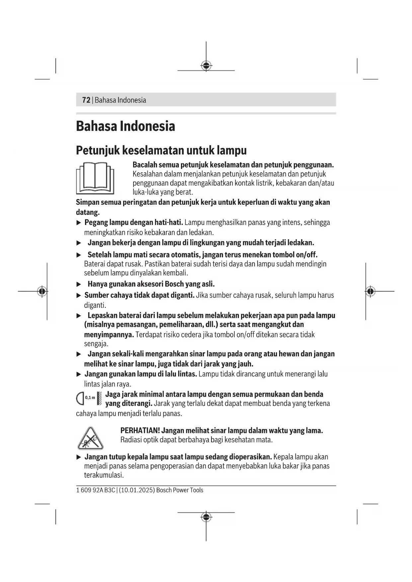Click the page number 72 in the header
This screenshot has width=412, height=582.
(x=86, y=100)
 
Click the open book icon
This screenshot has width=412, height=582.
(x=95, y=178)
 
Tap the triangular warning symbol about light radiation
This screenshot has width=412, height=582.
(x=90, y=438)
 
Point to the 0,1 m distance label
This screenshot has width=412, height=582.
(x=90, y=397)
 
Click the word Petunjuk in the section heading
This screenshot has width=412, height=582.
(x=98, y=150)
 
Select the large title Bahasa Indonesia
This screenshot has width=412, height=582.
(x=125, y=126)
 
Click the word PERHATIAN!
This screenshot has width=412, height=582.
(x=140, y=431)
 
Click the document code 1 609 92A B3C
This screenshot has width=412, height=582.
(x=96, y=490)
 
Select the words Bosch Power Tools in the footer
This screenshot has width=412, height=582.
(x=180, y=490)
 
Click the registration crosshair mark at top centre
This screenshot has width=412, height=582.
(x=206, y=65)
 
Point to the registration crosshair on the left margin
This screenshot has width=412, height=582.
(x=42, y=291)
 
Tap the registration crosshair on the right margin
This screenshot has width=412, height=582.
(x=371, y=291)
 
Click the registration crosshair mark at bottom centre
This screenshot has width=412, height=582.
(x=206, y=517)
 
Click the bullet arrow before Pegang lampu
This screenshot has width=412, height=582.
(x=79, y=223)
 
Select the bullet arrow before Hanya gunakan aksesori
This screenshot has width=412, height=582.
(x=79, y=284)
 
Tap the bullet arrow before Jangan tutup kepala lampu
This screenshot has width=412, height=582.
(x=79, y=457)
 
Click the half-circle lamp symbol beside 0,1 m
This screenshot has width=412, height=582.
(x=80, y=398)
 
